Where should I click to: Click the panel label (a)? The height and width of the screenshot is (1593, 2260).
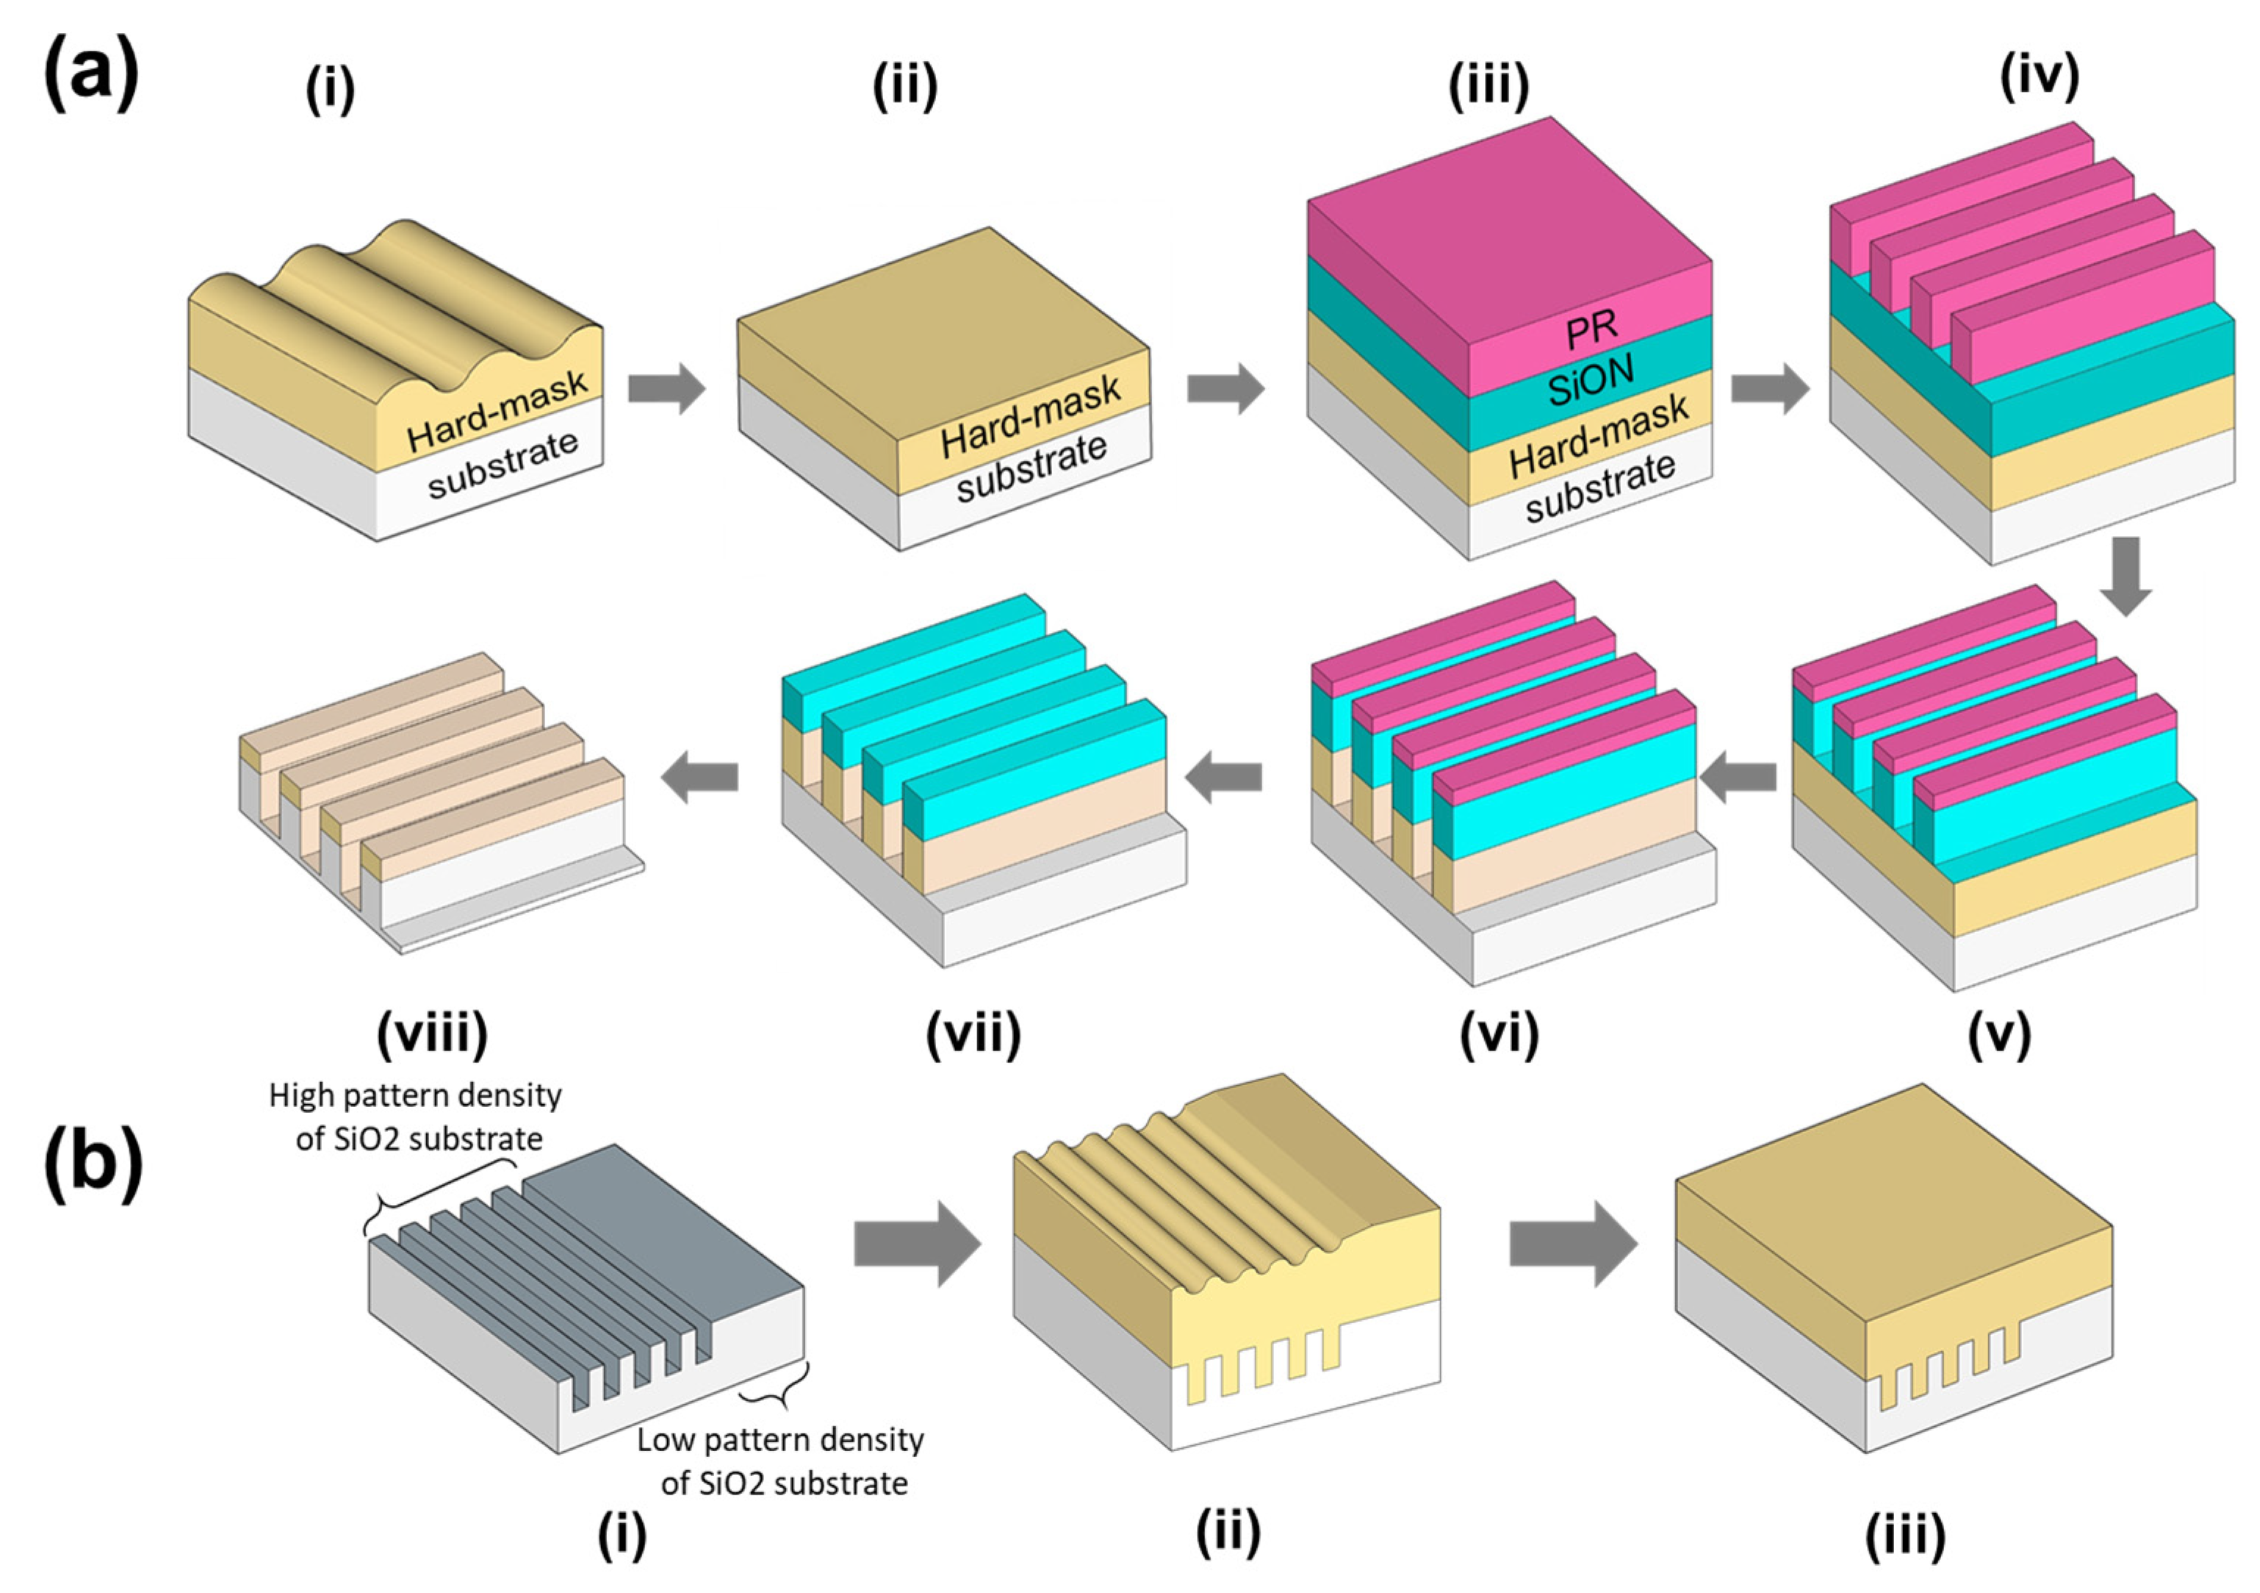pyautogui.click(x=90, y=74)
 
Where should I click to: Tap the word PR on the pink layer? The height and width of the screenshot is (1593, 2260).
pyautogui.click(x=1591, y=329)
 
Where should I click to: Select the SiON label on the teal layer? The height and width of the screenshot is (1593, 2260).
pyautogui.click(x=1591, y=380)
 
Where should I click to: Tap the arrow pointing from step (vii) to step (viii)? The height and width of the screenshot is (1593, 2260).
pyautogui.click(x=699, y=778)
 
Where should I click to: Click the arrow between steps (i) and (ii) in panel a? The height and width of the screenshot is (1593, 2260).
pyautogui.click(x=666, y=388)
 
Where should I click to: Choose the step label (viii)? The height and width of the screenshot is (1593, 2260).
pyautogui.click(x=432, y=1033)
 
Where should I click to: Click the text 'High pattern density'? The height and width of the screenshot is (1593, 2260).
pyautogui.click(x=415, y=1095)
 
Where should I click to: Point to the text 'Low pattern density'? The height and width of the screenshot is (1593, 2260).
pyautogui.click(x=780, y=1439)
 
